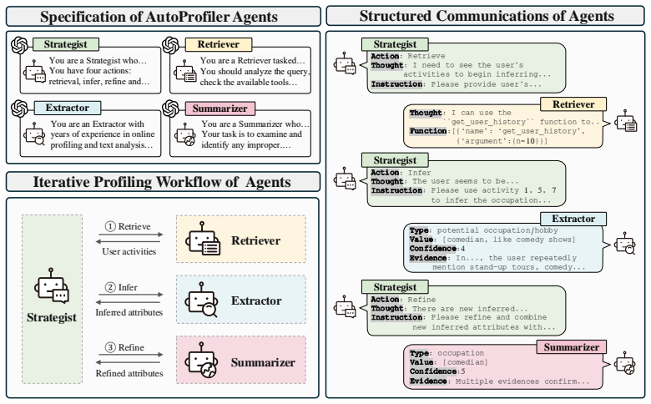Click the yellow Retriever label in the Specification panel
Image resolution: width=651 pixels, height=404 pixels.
(219, 44)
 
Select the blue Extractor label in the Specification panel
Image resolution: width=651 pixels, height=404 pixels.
(68, 108)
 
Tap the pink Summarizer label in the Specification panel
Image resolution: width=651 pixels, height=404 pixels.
(220, 109)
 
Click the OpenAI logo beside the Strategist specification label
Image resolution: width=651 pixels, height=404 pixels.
(19, 45)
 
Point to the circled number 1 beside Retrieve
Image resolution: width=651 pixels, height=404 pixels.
(110, 226)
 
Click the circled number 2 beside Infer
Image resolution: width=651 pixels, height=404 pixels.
(110, 287)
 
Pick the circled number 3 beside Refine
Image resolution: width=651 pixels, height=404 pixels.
(110, 347)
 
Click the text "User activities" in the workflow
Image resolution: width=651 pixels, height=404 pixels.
(129, 251)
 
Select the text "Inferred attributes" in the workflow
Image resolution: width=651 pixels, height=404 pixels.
(129, 312)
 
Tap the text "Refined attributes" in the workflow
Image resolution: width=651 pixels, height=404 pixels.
(129, 373)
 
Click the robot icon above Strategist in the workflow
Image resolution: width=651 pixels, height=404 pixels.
(52, 285)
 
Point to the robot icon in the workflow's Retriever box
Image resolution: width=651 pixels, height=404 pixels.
(203, 239)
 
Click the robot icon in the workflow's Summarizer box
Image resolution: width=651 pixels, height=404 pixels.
(201, 360)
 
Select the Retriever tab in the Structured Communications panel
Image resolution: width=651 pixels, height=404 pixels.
(573, 104)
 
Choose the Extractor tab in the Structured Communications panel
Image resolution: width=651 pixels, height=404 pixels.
(573, 219)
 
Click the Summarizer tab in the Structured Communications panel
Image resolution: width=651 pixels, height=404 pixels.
(571, 347)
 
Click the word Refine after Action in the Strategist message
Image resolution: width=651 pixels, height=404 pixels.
(421, 300)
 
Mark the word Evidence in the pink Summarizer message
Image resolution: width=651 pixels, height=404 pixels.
(428, 381)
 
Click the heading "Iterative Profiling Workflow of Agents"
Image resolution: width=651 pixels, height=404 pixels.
(162, 182)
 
